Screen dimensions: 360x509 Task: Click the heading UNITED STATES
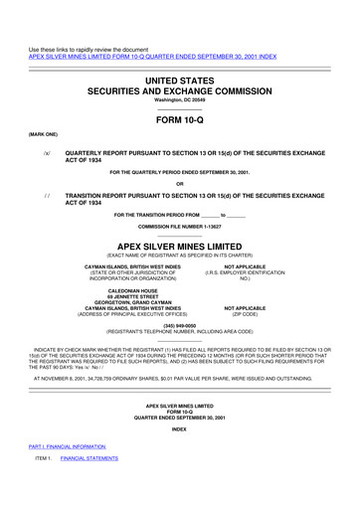[x=180, y=77]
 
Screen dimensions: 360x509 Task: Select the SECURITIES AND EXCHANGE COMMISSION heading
[x=180, y=88]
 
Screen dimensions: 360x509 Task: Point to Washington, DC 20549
[x=180, y=100]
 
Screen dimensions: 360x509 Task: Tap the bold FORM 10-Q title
[x=180, y=119]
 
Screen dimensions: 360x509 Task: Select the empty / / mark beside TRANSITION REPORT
[x=47, y=197]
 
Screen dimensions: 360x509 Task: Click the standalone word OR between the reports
[x=180, y=183]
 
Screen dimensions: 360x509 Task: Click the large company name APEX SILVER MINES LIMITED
[x=180, y=244]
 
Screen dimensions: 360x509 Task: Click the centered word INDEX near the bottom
[x=180, y=428]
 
